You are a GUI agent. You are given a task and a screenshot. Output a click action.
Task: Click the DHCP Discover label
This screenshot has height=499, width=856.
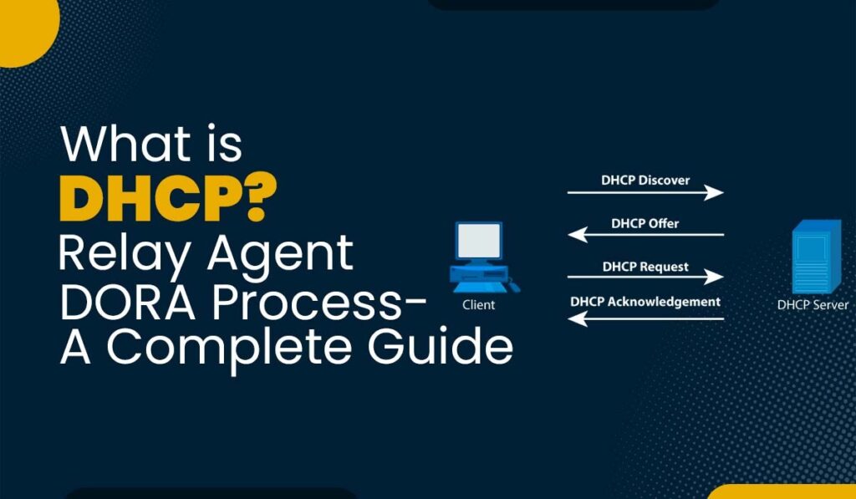click(x=645, y=180)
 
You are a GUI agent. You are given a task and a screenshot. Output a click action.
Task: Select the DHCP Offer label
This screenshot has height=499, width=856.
click(x=645, y=223)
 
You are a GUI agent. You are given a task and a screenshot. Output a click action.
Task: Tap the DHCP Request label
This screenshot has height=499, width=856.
click(x=645, y=267)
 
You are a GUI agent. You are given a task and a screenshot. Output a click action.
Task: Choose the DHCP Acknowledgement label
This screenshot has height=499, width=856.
click(x=645, y=302)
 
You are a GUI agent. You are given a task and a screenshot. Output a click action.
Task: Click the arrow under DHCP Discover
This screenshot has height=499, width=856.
click(x=645, y=193)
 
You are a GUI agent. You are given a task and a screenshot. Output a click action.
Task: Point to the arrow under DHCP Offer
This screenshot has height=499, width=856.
click(x=645, y=236)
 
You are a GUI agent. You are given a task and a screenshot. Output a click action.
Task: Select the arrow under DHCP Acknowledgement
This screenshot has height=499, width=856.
click(x=645, y=318)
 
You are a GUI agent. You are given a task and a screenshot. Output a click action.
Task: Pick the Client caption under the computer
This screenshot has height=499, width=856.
click(x=479, y=305)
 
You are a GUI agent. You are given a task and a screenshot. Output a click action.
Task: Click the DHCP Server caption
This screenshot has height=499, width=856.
click(x=812, y=305)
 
